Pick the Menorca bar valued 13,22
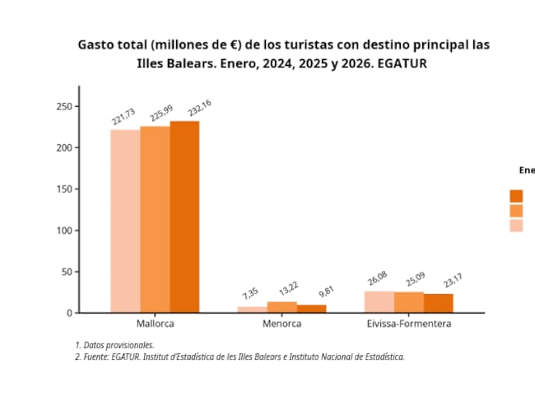click(x=281, y=307)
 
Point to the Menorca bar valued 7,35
click(x=252, y=310)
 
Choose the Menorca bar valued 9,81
click(x=311, y=309)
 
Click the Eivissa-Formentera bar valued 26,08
click(x=379, y=302)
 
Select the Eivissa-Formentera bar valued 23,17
click(x=438, y=303)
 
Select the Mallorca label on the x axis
click(x=155, y=324)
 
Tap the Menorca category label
click(x=281, y=324)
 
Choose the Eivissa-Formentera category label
click(x=408, y=324)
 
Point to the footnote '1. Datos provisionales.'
click(x=114, y=345)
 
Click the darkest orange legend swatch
click(x=516, y=195)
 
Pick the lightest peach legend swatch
click(x=516, y=226)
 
